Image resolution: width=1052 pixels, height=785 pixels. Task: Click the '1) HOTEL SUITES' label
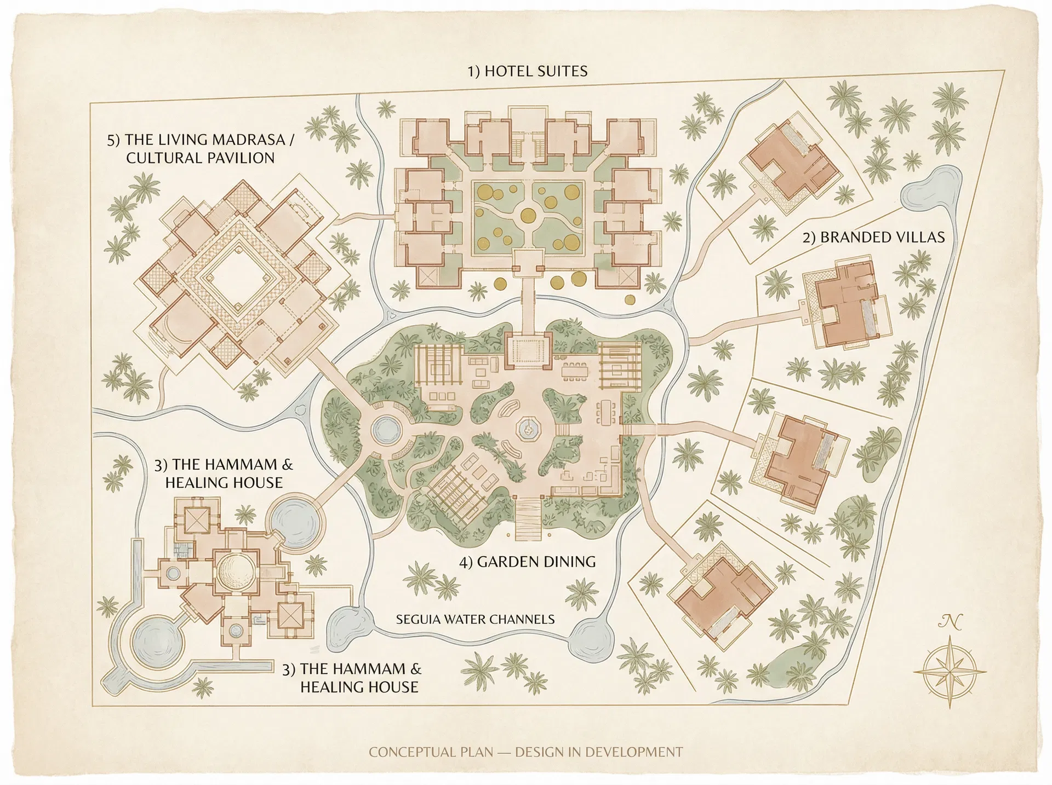point(527,71)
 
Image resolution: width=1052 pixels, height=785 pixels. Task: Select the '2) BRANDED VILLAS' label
point(873,237)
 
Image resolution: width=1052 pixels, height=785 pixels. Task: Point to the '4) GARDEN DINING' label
point(527,562)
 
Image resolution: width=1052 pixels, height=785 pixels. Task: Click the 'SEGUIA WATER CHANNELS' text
point(475,619)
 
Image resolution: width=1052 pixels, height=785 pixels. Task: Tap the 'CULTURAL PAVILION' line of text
point(200,158)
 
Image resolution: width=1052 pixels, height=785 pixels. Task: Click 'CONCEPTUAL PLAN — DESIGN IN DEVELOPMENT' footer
point(525,752)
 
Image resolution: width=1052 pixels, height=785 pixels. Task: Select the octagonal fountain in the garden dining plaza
point(528,429)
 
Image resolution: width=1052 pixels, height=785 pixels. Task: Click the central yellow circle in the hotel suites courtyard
point(528,214)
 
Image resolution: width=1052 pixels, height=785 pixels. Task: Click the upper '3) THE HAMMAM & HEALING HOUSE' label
point(224,474)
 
